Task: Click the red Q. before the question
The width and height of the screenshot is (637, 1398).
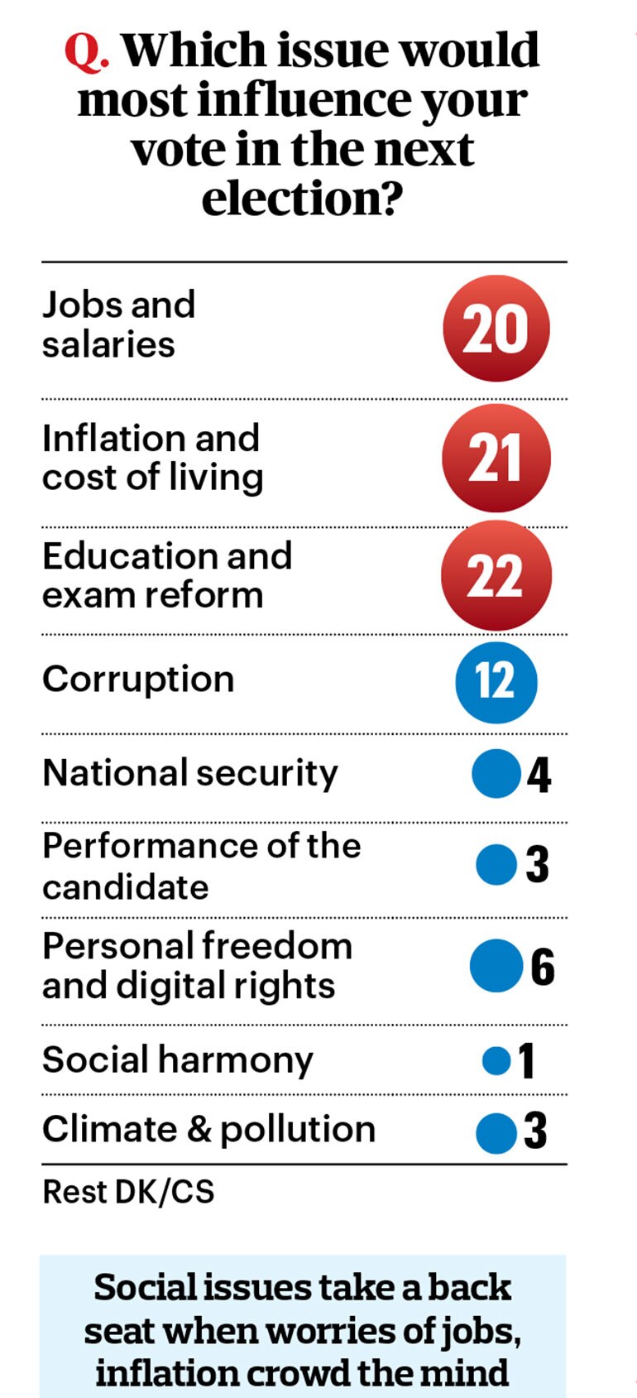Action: click(88, 51)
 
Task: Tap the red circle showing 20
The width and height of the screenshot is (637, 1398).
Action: click(496, 329)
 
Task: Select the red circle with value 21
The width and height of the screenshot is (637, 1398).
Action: click(496, 458)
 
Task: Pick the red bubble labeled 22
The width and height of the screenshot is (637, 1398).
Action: click(496, 574)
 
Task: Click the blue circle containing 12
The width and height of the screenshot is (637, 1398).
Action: click(496, 682)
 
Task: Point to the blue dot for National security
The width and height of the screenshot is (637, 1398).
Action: click(496, 774)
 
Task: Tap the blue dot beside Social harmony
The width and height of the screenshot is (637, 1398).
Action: click(496, 1061)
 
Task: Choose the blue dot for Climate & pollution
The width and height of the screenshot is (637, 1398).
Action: click(496, 1133)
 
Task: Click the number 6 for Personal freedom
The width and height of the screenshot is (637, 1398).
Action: click(542, 967)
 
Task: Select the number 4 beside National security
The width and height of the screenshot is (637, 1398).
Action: click(539, 775)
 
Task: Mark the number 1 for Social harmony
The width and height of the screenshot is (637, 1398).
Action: click(526, 1060)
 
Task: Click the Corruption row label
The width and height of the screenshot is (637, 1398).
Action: click(138, 680)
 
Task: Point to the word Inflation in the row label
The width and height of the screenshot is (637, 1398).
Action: click(114, 438)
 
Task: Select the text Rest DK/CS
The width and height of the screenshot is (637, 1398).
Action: click(128, 1192)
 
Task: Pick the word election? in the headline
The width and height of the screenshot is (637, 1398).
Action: click(302, 199)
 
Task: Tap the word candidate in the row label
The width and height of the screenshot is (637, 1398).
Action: click(126, 886)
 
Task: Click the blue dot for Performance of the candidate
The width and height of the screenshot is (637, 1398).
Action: click(496, 864)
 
